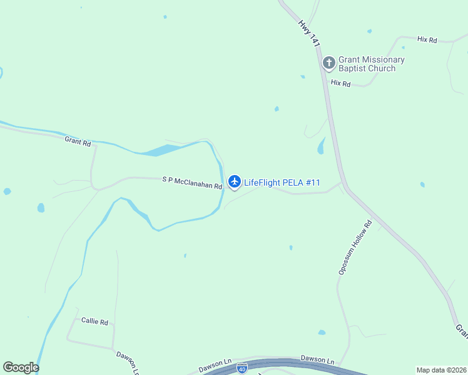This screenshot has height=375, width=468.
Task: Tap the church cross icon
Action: click(x=328, y=63)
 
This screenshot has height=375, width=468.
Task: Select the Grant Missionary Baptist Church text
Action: click(x=371, y=64)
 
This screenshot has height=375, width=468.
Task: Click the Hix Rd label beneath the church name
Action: click(x=340, y=82)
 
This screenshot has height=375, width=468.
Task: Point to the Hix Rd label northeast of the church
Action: click(x=427, y=39)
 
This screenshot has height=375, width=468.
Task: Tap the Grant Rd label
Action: click(x=78, y=141)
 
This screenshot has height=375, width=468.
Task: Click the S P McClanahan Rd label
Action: click(x=192, y=182)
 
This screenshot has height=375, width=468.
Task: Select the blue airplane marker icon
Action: click(x=235, y=182)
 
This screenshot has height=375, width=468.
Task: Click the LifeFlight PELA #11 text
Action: click(x=282, y=182)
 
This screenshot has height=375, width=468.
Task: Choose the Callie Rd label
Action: click(x=94, y=321)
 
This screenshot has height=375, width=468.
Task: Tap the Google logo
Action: click(x=21, y=367)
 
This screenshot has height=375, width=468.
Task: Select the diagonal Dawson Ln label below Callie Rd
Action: click(x=127, y=362)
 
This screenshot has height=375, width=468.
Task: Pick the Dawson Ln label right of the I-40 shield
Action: click(x=317, y=360)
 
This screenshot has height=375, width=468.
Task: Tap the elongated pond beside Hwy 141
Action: click(x=321, y=146)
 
